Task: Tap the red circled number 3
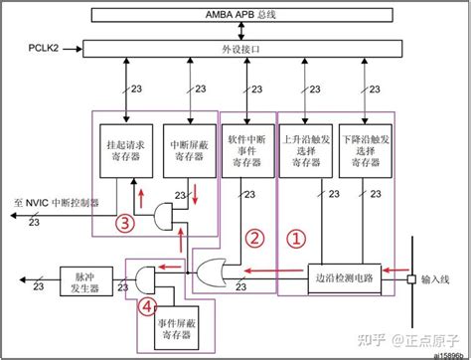(x=124, y=223)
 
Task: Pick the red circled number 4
(x=147, y=306)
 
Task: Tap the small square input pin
(x=410, y=280)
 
